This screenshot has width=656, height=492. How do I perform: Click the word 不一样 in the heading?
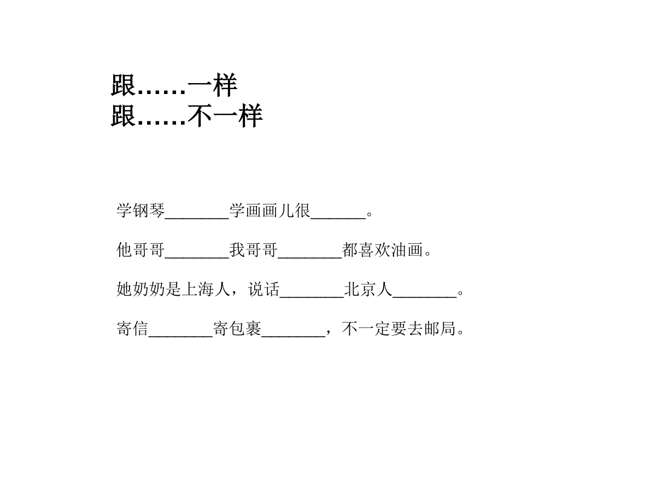225,116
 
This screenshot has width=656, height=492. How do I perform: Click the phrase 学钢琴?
140,210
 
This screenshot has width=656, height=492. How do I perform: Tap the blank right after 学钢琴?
197,218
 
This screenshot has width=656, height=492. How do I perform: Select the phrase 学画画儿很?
270,210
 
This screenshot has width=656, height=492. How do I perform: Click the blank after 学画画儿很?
338,218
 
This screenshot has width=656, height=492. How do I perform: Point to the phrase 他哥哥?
140,250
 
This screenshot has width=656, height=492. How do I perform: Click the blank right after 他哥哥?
197,257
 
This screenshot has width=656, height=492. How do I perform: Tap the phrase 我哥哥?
254,250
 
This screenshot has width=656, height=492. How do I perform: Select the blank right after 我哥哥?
310,257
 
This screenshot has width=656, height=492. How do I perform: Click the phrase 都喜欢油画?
383,250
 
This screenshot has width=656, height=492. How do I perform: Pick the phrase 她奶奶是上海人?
173,289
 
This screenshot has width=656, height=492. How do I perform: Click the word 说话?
263,289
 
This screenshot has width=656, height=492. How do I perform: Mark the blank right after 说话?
312,296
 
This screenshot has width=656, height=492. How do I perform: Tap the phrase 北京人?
368,289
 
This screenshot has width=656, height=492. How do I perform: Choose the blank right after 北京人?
425,296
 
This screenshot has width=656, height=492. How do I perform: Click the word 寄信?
132,329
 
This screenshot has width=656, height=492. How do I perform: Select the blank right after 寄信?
181,336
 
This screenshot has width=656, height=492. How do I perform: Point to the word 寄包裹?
237,329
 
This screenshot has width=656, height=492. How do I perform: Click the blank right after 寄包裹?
294,336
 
